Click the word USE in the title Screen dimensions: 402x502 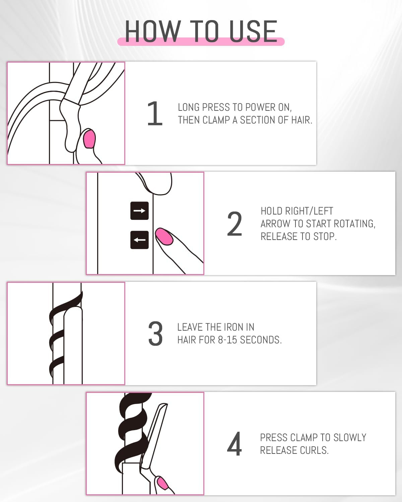click(253, 31)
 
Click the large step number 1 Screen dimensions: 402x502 click(155, 113)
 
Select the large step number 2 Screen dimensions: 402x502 click(234, 224)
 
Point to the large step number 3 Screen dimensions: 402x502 click(155, 334)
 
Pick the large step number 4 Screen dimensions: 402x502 click(234, 444)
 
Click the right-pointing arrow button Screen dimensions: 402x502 click(139, 211)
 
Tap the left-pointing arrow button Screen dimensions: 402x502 click(139, 240)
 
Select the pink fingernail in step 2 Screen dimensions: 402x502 click(164, 237)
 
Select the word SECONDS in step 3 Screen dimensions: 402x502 click(261, 340)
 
